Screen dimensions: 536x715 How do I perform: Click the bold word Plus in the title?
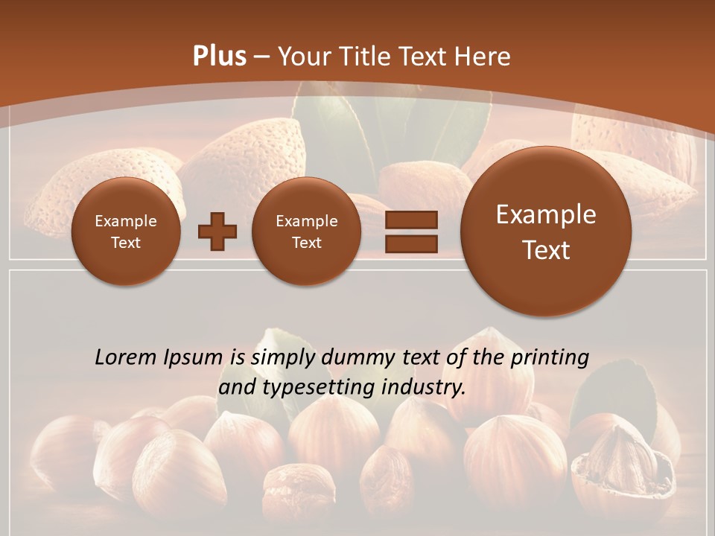coord(219,57)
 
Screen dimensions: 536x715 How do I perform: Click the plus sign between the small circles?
coord(217,232)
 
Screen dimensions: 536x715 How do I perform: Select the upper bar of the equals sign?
coord(411,220)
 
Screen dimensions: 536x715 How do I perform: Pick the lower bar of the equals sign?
coord(411,243)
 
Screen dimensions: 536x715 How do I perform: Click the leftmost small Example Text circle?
coord(126,232)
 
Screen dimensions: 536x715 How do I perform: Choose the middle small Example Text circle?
coord(307,232)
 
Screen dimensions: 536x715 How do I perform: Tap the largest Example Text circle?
coord(546,232)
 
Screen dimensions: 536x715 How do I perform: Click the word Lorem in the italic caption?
coord(122,357)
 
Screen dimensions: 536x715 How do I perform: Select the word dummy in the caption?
coord(352,358)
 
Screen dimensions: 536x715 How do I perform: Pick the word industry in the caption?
coord(423,388)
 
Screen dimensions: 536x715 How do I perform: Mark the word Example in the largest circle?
coord(546,214)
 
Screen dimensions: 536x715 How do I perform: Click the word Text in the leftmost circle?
coord(126,243)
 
